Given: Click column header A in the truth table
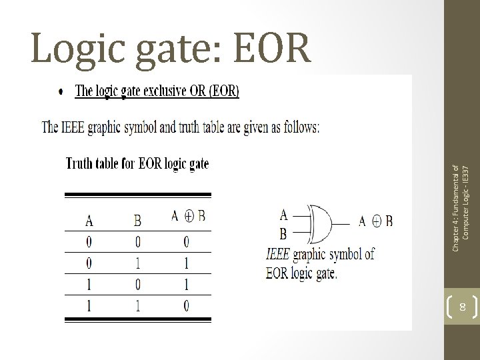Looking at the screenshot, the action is coord(89,219).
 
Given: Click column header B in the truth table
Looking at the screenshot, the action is coord(137,219).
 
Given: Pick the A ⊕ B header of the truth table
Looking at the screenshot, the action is coord(188,216).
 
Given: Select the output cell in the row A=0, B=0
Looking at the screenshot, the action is coord(187,241).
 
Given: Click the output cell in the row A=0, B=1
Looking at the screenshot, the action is coord(187,263).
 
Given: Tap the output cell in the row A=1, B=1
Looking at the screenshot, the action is coord(187,306).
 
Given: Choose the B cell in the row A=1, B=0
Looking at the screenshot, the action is coord(137,285).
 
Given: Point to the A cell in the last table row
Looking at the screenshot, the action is coord(89,306).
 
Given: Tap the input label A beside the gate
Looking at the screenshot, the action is coord(284,215).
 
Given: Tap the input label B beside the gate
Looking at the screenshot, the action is coord(284,234).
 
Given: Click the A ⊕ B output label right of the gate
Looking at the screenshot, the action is coord(375,221).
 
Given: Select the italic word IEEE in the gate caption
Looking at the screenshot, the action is coord(277,254).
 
